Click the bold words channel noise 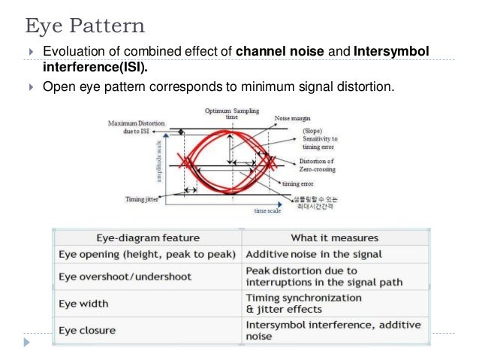pyautogui.click(x=279, y=52)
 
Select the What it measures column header pyautogui.click(x=334, y=237)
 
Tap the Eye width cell pyautogui.click(x=83, y=304)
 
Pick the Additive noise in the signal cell pyautogui.click(x=313, y=255)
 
